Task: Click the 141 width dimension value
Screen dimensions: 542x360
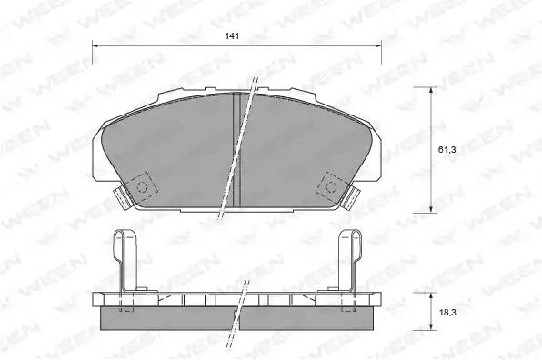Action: click(x=232, y=36)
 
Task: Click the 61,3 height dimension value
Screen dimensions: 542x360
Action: click(x=447, y=150)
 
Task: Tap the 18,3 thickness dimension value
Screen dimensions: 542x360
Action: click(x=447, y=313)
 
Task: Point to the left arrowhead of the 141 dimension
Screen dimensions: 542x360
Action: click(x=96, y=45)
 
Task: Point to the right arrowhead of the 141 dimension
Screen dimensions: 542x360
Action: click(x=377, y=45)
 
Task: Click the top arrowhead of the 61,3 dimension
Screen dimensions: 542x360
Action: click(x=431, y=91)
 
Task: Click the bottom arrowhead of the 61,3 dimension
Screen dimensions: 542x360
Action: click(x=431, y=209)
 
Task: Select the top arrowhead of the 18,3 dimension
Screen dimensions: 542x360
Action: click(x=431, y=296)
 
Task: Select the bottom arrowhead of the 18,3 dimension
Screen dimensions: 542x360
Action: click(x=431, y=325)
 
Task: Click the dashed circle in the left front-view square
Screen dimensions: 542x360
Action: click(x=143, y=187)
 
